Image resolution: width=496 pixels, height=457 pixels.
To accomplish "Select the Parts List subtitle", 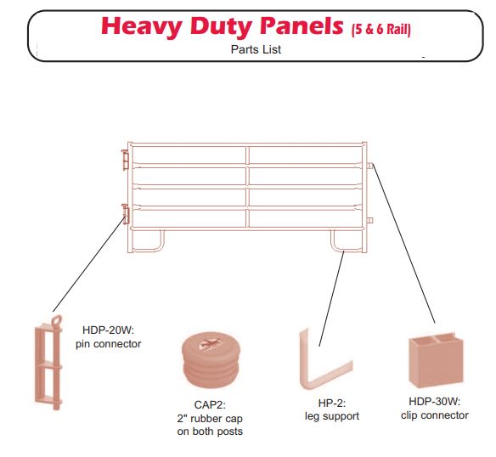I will [x=256, y=49].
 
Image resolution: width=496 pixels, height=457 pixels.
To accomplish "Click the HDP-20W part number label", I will [x=108, y=330].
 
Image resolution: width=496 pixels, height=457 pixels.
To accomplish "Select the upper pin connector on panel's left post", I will [x=125, y=159].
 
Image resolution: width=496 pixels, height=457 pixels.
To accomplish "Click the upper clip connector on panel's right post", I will [x=371, y=165].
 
